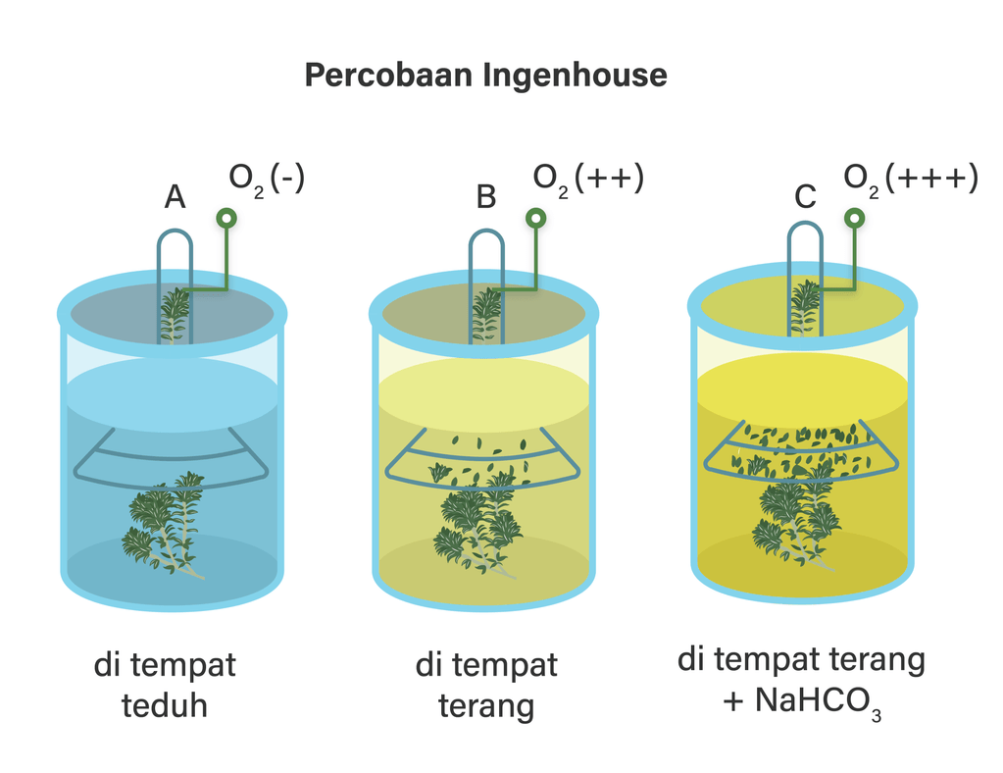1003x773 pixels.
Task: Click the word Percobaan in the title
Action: [x=390, y=75]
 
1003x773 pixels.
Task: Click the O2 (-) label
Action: [x=267, y=180]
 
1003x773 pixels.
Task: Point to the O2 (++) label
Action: [x=588, y=180]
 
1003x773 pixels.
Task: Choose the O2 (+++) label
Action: [x=911, y=180]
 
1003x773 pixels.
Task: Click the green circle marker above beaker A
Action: [x=226, y=219]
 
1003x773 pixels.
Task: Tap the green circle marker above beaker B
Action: [x=536, y=219]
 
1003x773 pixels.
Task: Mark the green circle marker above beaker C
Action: [x=855, y=218]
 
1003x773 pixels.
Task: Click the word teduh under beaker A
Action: [x=165, y=705]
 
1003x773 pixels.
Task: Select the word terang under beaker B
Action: [x=486, y=707]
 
